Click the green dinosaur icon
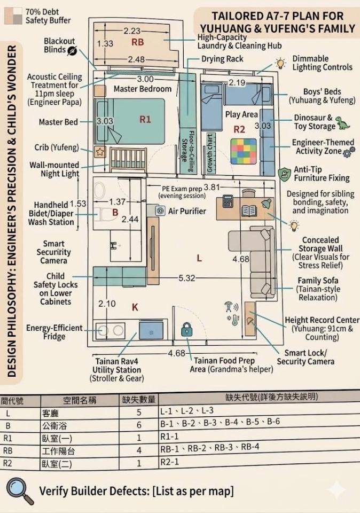(342, 123)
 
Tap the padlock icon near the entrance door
(187, 329)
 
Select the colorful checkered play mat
(244, 151)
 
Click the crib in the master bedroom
(128, 159)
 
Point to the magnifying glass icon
(20, 491)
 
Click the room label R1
(145, 119)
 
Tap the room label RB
(138, 42)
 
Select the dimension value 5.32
(187, 278)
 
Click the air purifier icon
(160, 211)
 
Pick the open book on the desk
(249, 211)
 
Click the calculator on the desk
(228, 201)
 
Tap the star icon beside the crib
(100, 152)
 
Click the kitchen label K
(135, 307)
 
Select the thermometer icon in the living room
(235, 320)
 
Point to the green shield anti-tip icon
(285, 174)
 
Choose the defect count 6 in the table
(139, 425)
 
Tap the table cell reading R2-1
(169, 462)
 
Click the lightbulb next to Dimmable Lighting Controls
(280, 63)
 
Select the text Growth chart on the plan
(210, 153)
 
